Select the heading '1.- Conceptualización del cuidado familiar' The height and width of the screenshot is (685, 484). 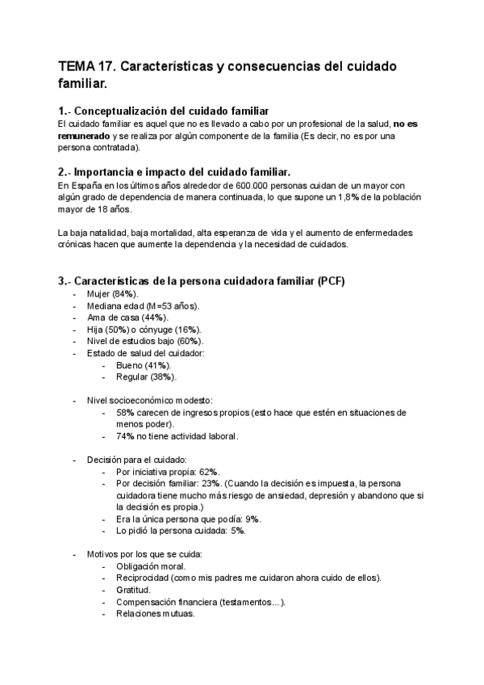point(163,111)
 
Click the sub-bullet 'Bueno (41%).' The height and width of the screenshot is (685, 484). point(143,365)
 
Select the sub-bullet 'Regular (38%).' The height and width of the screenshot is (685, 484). point(146,376)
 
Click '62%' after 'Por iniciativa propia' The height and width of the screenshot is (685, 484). point(208,472)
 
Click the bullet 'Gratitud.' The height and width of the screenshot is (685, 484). point(133,590)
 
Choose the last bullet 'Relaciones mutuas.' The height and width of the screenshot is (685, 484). point(155,613)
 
